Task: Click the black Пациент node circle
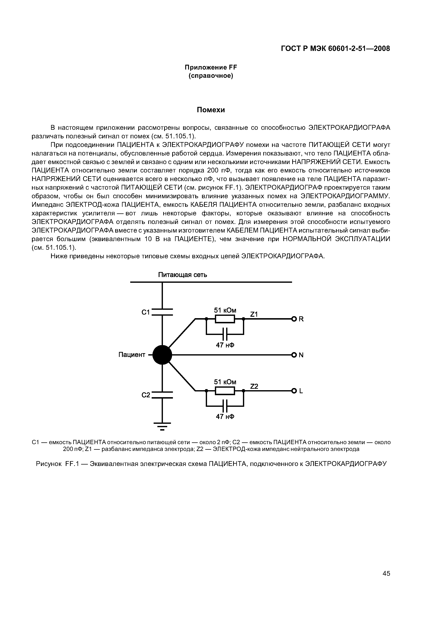point(162,355)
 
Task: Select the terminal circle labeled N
point(294,355)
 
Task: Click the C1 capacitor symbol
point(162,312)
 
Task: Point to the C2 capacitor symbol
point(162,395)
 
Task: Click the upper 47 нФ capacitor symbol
point(225,334)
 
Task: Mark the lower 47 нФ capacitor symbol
point(225,406)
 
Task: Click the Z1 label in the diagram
point(254,314)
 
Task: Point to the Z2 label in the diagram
point(254,386)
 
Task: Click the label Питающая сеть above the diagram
point(183,275)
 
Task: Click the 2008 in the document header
point(382,49)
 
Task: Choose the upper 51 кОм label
point(225,310)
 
